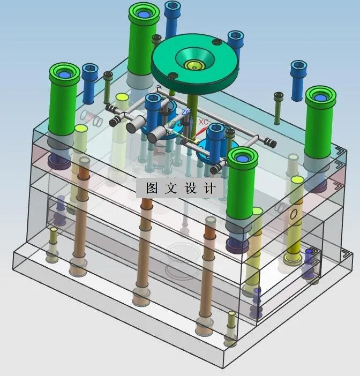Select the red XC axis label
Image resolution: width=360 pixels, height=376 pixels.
[x=203, y=122]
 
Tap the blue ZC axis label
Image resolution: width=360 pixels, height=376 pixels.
[x=186, y=112]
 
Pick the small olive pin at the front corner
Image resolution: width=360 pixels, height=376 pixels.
[x=230, y=337]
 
